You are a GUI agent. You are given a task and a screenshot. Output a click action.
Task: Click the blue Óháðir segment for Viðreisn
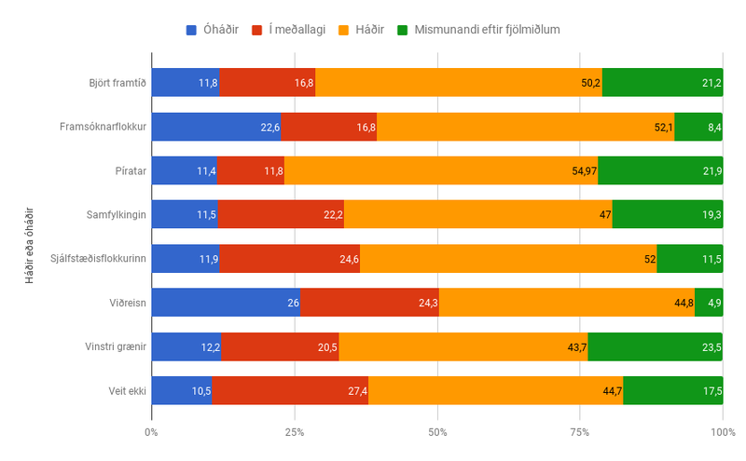click(x=225, y=303)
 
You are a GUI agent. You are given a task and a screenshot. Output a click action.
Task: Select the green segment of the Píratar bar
click(x=660, y=170)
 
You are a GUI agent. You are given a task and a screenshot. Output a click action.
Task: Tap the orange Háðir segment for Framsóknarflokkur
click(x=525, y=127)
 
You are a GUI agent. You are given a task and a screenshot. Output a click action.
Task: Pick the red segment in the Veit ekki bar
click(x=290, y=390)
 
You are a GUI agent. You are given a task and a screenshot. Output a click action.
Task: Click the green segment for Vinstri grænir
click(x=656, y=346)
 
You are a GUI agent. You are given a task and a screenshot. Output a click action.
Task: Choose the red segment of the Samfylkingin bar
click(x=281, y=214)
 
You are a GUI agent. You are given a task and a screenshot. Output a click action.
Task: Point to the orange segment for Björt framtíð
click(x=459, y=83)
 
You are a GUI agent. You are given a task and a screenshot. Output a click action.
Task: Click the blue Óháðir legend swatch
click(x=192, y=30)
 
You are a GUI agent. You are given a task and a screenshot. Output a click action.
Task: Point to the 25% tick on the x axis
click(x=295, y=432)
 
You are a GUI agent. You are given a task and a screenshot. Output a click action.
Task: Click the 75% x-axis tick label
click(x=580, y=432)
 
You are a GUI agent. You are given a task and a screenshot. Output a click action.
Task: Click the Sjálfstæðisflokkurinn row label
click(x=100, y=259)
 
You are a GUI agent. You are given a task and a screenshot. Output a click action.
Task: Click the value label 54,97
click(x=582, y=170)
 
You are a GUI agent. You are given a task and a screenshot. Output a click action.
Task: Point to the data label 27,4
click(x=357, y=390)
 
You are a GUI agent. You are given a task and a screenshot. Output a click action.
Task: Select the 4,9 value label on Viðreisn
click(x=715, y=303)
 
